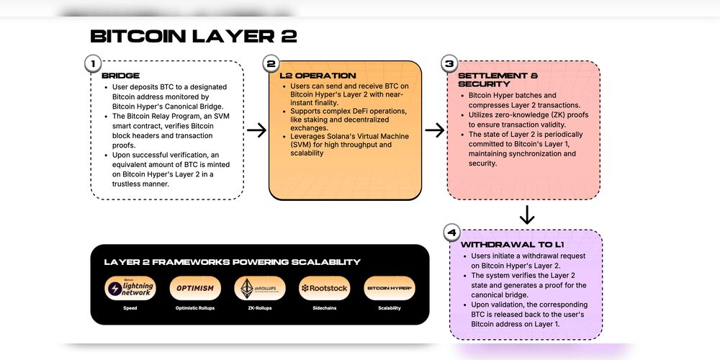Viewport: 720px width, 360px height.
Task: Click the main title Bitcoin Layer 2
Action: coord(193,37)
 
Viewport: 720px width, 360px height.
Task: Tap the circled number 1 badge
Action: coord(92,63)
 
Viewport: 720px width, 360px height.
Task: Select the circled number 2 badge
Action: coord(271,63)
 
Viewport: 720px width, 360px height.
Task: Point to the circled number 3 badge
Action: coord(449,63)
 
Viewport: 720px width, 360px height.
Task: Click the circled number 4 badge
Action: coord(451,233)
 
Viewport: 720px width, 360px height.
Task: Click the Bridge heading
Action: coord(120,76)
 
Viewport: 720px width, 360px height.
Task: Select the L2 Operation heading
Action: coord(318,76)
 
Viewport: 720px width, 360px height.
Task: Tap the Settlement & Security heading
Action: coord(498,79)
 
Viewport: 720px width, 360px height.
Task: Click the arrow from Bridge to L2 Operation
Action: coord(256,130)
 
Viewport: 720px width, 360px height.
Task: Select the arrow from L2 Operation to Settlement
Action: coord(434,130)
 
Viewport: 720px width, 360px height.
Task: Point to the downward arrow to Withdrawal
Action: coord(527,215)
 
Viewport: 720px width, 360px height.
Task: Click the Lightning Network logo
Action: coord(130,288)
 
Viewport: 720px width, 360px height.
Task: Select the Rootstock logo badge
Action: coord(324,288)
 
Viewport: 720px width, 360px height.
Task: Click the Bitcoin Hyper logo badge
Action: coord(390,288)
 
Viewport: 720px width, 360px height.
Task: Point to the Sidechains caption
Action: coord(324,308)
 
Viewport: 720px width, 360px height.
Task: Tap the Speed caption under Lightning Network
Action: coord(130,308)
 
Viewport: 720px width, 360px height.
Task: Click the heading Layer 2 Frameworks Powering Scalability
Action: coord(232,262)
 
